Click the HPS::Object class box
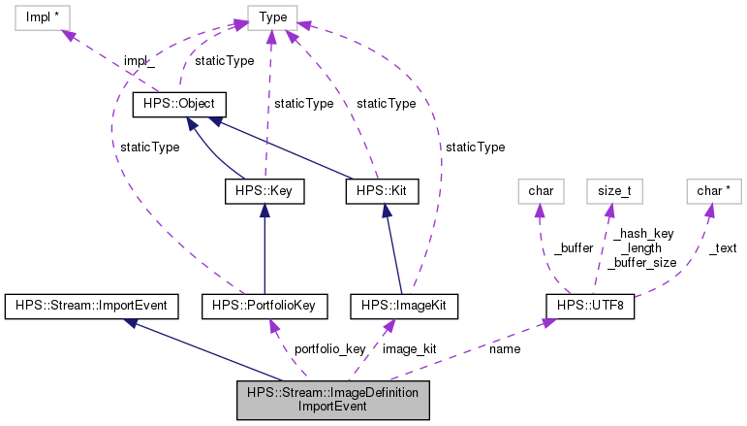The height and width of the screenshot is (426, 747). coord(179,103)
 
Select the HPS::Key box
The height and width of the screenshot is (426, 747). coord(264,192)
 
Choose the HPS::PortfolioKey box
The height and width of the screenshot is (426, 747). coord(264,307)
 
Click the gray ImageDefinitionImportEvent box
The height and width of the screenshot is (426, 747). coord(332,400)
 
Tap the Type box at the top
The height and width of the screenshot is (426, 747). coord(270,16)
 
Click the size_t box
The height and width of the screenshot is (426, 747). coord(614,191)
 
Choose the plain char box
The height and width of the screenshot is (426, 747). coord(540,191)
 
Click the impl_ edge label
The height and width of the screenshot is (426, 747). coord(139,61)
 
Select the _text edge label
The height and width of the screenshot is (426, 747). coord(722,248)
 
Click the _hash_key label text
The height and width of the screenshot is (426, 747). coord(643,234)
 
